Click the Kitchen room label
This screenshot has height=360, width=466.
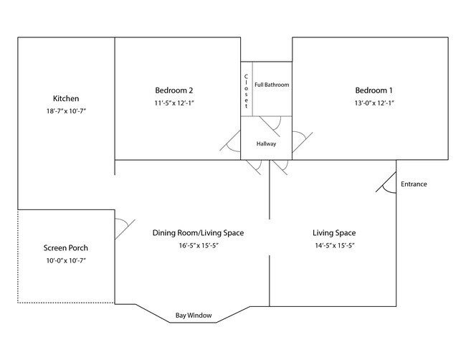coord(66,98)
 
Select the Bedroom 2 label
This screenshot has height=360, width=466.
coord(174,90)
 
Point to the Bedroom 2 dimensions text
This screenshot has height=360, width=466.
coord(174,103)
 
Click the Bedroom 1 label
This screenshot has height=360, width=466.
coord(374,90)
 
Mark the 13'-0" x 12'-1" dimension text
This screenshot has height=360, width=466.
coord(374,103)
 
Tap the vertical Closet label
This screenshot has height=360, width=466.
coord(246,90)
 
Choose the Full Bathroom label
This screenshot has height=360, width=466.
coord(272,85)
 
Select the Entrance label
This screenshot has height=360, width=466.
coord(414,184)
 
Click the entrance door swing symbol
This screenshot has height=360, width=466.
coord(387,183)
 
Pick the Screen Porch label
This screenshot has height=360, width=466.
coord(66,248)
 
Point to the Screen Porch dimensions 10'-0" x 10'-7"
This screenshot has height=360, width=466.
coord(66,261)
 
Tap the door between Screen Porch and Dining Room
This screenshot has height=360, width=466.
coord(123,229)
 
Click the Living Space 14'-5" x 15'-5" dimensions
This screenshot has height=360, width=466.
coord(334,246)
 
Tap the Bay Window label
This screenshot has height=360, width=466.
coord(194,316)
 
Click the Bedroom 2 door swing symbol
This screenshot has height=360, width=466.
coord(233,143)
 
